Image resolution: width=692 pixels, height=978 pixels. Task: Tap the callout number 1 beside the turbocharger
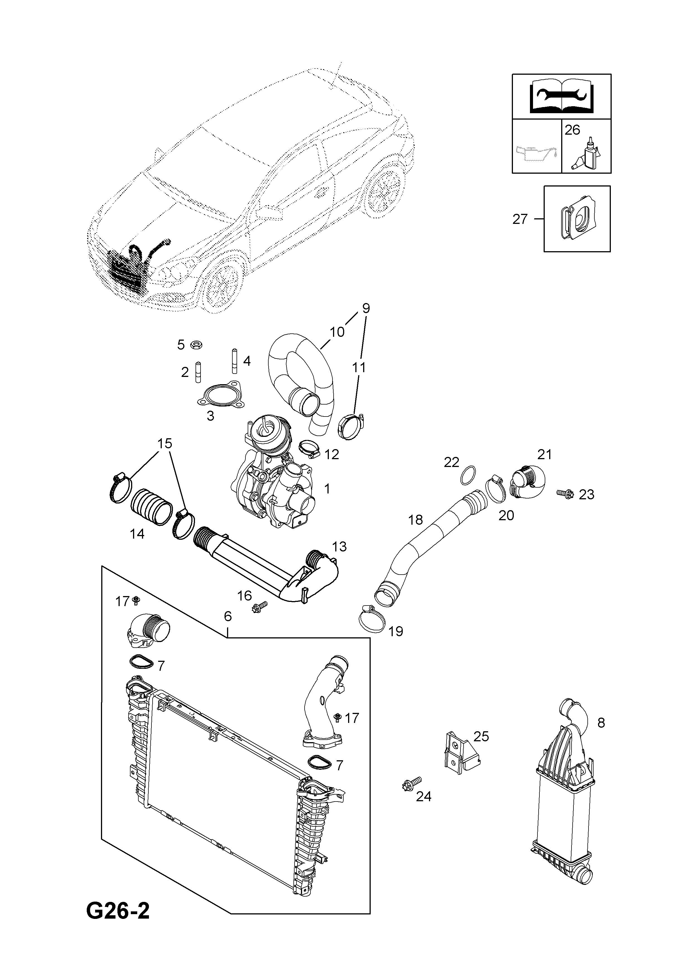327,488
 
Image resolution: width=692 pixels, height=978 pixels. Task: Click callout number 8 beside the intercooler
601,722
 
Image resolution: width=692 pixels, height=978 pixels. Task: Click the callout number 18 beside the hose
416,519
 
